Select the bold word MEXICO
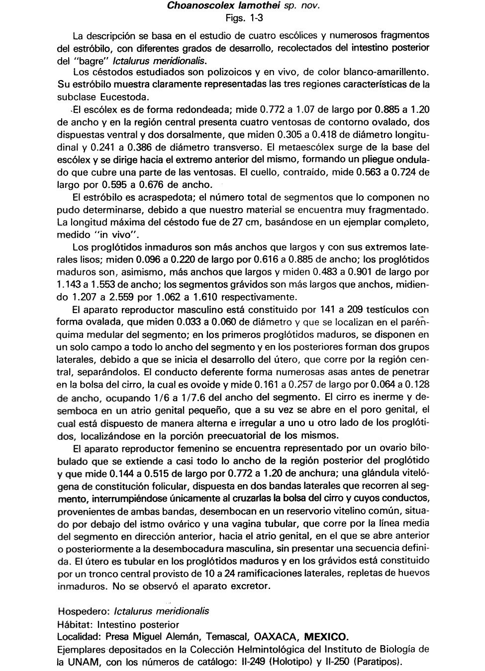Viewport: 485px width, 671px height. point(326,637)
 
